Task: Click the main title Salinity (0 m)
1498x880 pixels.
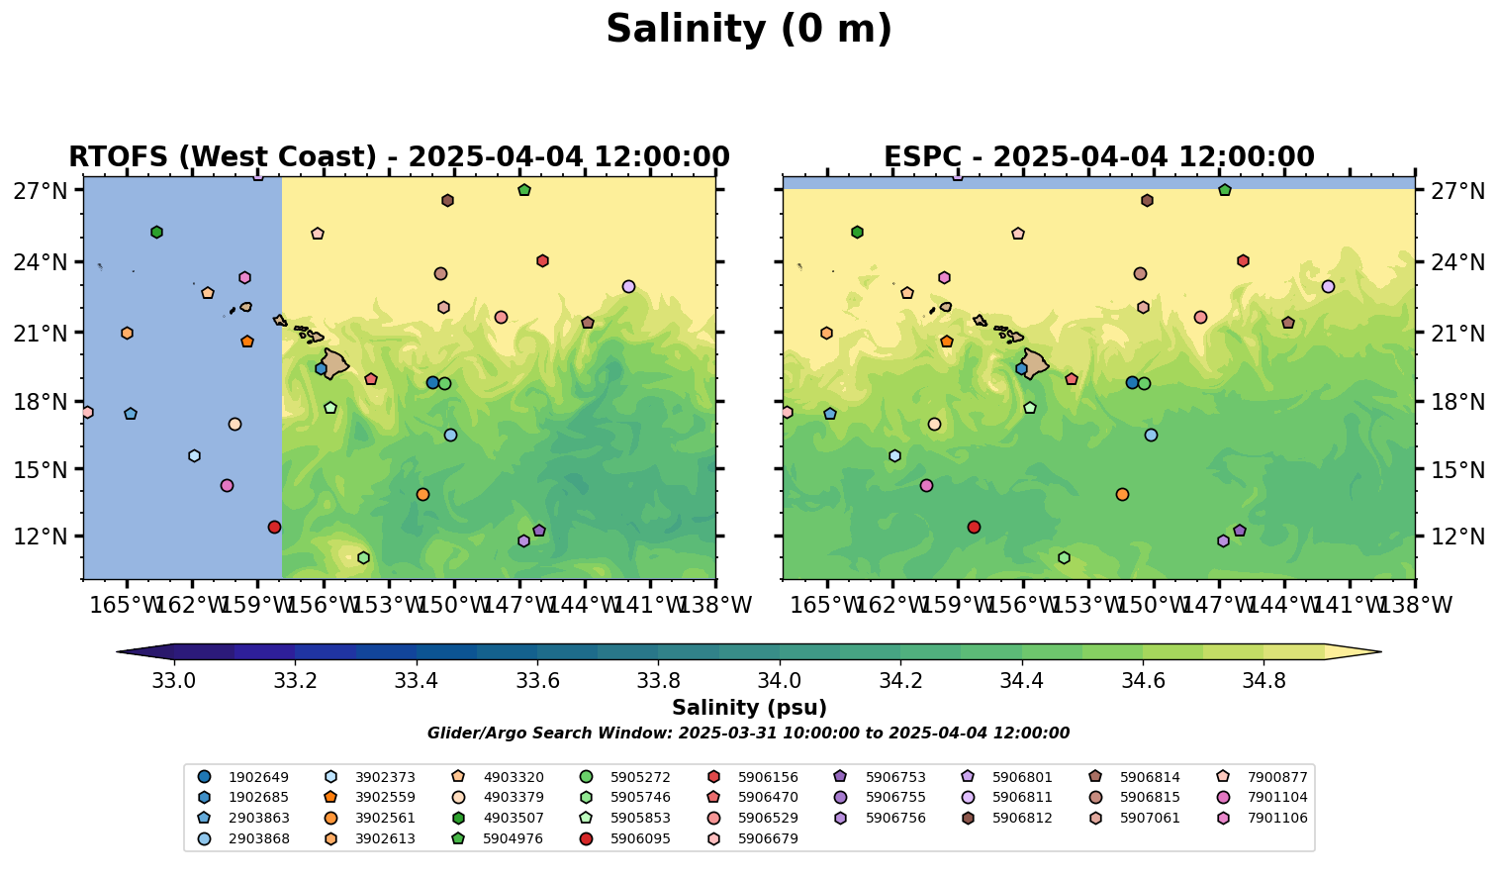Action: (749, 30)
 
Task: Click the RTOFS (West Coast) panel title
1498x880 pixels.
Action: (399, 157)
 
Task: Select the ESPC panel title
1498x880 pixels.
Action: (1098, 157)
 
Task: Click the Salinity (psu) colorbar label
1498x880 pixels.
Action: (749, 708)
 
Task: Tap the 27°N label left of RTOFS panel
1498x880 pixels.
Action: (40, 191)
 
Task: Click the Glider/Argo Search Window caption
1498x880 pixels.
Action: (748, 733)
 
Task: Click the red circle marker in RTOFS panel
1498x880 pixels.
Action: (274, 527)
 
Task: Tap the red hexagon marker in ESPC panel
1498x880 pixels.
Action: (1243, 261)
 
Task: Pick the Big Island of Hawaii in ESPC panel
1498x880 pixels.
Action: (1034, 364)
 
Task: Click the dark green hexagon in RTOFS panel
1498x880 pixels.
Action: (156, 232)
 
